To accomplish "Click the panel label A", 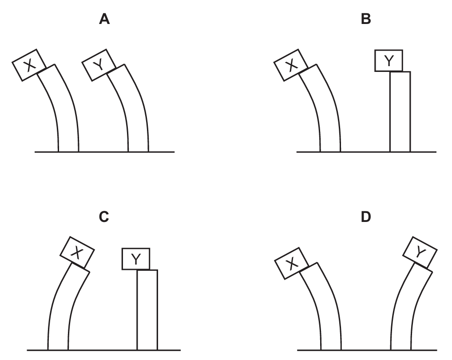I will [x=104, y=20].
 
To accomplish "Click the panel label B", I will [x=366, y=20].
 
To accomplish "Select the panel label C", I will [x=104, y=218].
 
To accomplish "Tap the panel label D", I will [x=366, y=218].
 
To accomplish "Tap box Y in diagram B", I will [x=389, y=61].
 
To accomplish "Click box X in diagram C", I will [x=77, y=252].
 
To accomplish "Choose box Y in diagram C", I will [x=136, y=259].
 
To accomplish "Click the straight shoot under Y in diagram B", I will [x=400, y=111].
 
